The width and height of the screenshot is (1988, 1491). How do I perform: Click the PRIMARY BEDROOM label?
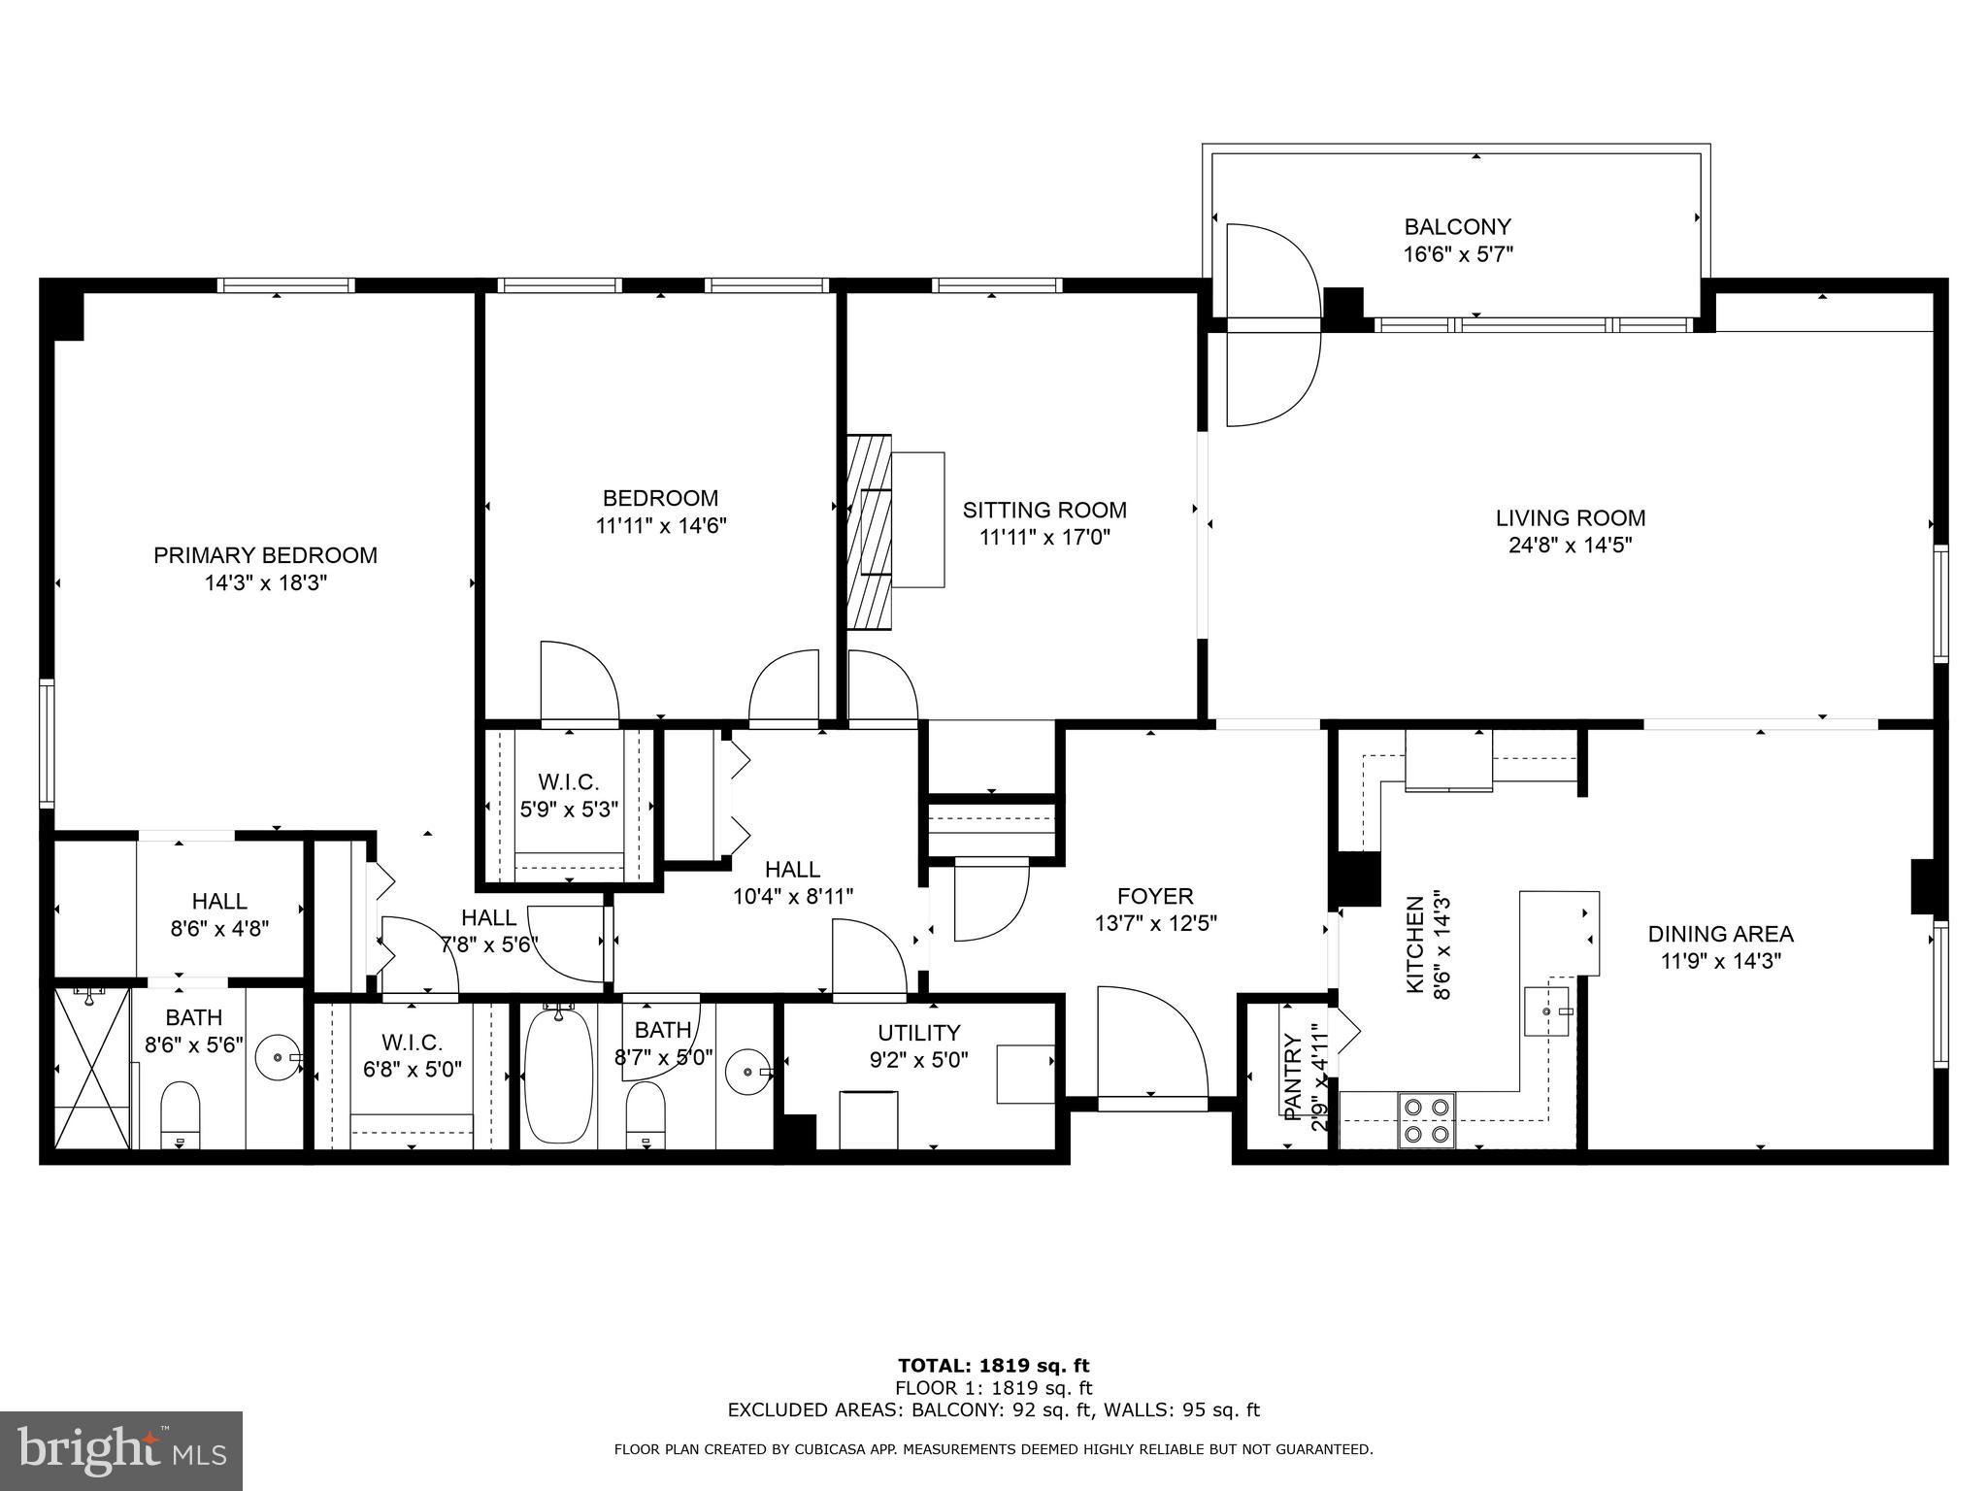tap(265, 555)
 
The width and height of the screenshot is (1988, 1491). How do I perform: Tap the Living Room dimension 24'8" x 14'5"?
tap(1570, 546)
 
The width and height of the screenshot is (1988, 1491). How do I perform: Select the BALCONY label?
tap(1457, 227)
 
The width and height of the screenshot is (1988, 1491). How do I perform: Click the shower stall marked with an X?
tap(91, 1068)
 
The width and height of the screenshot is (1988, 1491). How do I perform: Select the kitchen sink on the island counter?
tap(1547, 1011)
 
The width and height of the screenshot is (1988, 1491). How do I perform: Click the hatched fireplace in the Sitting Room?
tap(868, 531)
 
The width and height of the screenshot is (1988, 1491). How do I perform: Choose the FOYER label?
tap(1155, 896)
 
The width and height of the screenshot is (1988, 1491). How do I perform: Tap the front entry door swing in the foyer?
tap(1150, 1044)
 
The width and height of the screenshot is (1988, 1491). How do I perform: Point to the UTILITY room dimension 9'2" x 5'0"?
tap(918, 1060)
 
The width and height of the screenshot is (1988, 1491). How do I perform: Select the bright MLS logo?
tap(121, 1450)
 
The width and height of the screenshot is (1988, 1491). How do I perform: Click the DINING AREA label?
tap(1720, 934)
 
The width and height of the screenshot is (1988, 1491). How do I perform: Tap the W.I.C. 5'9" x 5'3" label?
tap(569, 808)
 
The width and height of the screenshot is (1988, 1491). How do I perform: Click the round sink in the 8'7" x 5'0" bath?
tap(748, 1072)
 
